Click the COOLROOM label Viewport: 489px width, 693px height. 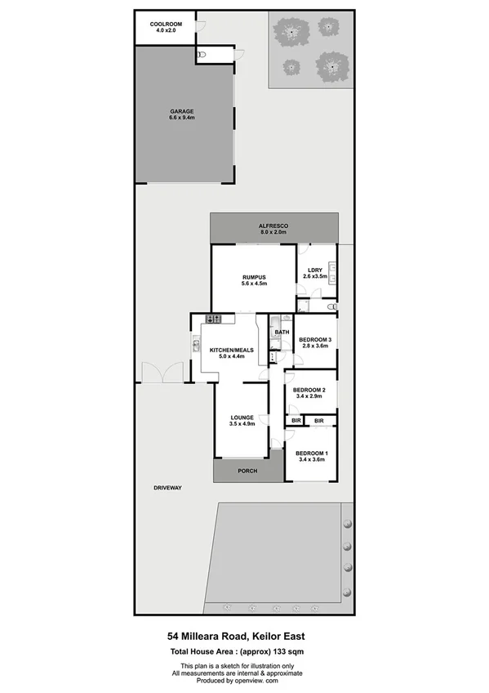click(x=166, y=25)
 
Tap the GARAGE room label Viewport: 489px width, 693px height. click(x=182, y=111)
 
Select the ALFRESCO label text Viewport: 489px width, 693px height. click(x=273, y=225)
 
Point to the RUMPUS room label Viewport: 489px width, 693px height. click(x=254, y=277)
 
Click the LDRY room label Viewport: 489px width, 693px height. click(x=314, y=270)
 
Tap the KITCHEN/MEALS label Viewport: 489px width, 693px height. click(x=232, y=350)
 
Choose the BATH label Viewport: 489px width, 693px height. click(x=282, y=333)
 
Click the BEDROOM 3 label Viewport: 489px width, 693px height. click(x=314, y=339)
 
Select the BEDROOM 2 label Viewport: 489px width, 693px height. click(x=309, y=390)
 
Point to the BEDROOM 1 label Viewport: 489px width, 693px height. click(x=311, y=454)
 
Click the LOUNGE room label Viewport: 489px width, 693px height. click(x=242, y=417)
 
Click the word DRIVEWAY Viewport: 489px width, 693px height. click(x=167, y=488)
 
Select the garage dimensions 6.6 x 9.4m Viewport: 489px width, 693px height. click(x=182, y=118)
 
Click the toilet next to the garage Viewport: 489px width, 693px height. click(x=204, y=54)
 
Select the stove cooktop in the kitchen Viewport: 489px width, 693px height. click(x=215, y=319)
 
